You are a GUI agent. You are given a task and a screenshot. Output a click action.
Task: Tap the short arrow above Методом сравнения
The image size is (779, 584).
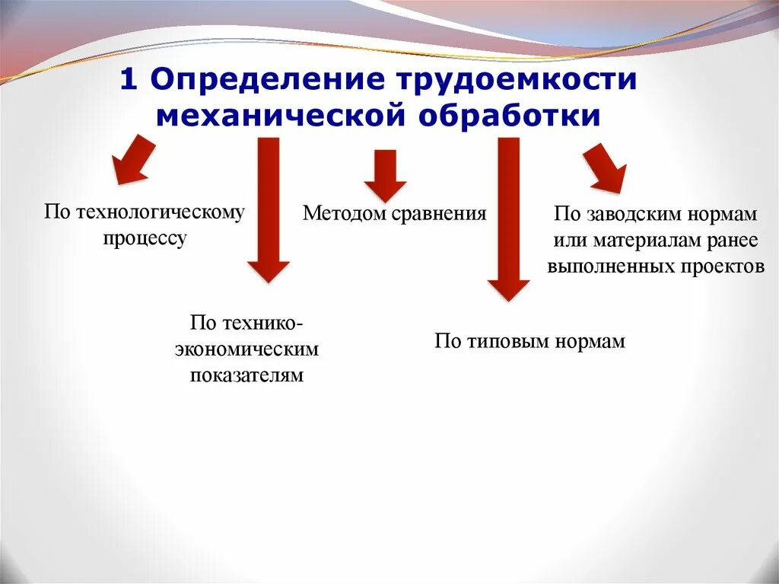tap(385, 174)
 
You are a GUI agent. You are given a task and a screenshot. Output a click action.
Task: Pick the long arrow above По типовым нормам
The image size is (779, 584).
tap(508, 217)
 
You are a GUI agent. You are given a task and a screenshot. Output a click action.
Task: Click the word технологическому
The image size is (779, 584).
tap(161, 212)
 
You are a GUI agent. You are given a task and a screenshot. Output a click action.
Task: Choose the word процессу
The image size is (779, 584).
tap(145, 238)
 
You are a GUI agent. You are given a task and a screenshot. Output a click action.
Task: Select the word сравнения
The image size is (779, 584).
tap(440, 213)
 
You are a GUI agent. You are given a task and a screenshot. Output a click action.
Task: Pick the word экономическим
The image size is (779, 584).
tap(246, 349)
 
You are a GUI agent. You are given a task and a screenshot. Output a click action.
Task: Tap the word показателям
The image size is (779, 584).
tap(246, 375)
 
